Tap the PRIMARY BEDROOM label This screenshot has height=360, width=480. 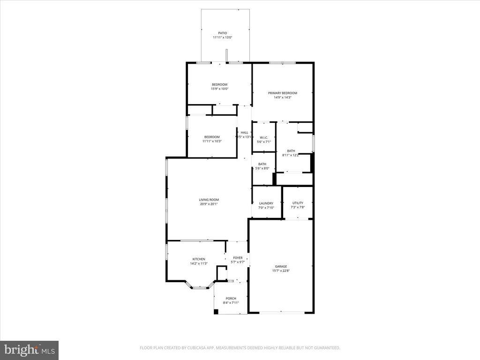click(282, 93)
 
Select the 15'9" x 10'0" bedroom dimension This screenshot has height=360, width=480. click(219, 89)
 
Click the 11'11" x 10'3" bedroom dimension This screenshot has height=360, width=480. click(211, 141)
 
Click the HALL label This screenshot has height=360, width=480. click(245, 133)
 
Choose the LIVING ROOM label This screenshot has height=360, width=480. click(209, 200)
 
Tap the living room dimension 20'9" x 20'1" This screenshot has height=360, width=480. click(209, 204)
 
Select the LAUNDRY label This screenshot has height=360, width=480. click(266, 203)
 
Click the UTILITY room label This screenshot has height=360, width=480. click(298, 203)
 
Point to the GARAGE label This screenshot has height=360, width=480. click(281, 266)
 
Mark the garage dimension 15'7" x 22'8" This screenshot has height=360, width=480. click(281, 271)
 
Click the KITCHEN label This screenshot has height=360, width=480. click(199, 259)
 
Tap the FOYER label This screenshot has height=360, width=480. click(238, 258)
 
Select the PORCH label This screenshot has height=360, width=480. click(231, 299)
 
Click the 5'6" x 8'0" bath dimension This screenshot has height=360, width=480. click(262, 168)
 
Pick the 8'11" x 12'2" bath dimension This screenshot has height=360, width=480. click(291, 155)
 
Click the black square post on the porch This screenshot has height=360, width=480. click(216, 312)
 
